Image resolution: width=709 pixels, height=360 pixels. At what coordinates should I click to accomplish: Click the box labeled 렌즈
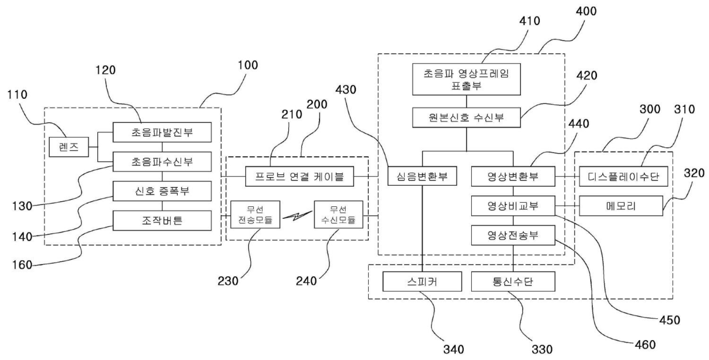click(x=69, y=147)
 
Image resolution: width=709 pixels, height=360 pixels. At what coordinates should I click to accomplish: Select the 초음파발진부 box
click(x=162, y=132)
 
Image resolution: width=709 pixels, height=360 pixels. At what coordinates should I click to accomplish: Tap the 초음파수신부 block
click(x=162, y=162)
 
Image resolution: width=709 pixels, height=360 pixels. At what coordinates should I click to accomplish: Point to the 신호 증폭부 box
click(x=162, y=191)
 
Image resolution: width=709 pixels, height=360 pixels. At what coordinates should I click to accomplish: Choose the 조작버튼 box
click(x=162, y=221)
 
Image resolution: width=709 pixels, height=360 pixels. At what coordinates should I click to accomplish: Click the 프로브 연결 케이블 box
click(x=300, y=176)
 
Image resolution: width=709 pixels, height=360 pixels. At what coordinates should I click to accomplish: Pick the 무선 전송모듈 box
click(x=255, y=214)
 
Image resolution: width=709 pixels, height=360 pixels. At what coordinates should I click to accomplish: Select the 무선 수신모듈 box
click(x=338, y=214)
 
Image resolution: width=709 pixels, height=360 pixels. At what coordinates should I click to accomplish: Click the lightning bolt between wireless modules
click(x=297, y=215)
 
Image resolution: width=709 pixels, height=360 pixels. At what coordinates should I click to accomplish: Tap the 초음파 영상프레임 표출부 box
click(x=466, y=79)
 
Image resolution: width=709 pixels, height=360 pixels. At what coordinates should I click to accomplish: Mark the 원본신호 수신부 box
click(x=466, y=118)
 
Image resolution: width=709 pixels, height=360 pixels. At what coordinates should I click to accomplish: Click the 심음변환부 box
click(x=422, y=176)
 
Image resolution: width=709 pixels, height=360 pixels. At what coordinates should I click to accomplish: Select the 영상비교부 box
click(x=513, y=206)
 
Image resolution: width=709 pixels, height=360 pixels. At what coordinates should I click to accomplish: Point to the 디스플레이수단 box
click(x=623, y=176)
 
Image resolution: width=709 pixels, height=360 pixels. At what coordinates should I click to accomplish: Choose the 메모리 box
click(x=621, y=206)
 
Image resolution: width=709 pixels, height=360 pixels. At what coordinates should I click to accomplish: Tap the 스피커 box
click(x=422, y=281)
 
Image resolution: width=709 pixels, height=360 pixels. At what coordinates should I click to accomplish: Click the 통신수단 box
click(x=513, y=281)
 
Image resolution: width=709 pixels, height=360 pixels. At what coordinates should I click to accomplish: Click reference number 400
click(x=586, y=11)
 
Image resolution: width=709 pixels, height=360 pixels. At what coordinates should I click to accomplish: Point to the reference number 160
click(x=22, y=265)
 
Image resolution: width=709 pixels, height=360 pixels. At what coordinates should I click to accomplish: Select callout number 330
click(x=542, y=349)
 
